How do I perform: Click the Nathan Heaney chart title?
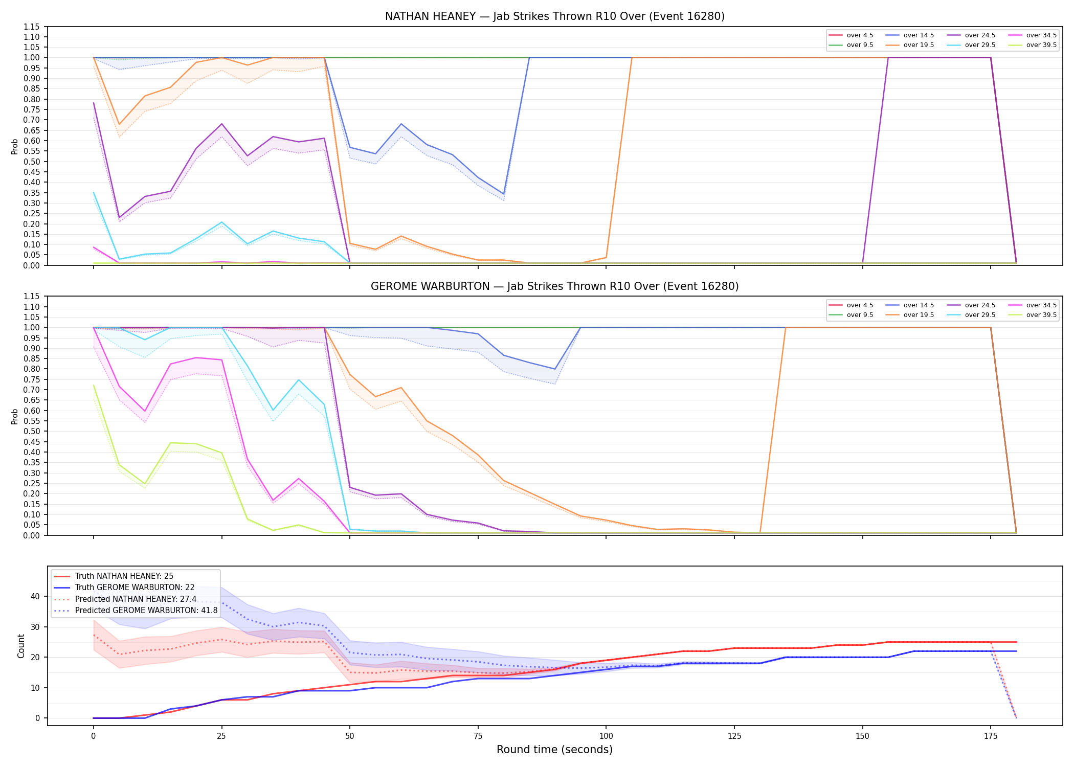[x=555, y=16]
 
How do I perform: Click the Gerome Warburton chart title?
[x=555, y=286]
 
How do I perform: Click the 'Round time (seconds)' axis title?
[x=554, y=750]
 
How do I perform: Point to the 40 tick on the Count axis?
[x=35, y=596]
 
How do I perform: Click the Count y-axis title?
[x=21, y=646]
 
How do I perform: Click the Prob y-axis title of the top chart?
[x=15, y=146]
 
